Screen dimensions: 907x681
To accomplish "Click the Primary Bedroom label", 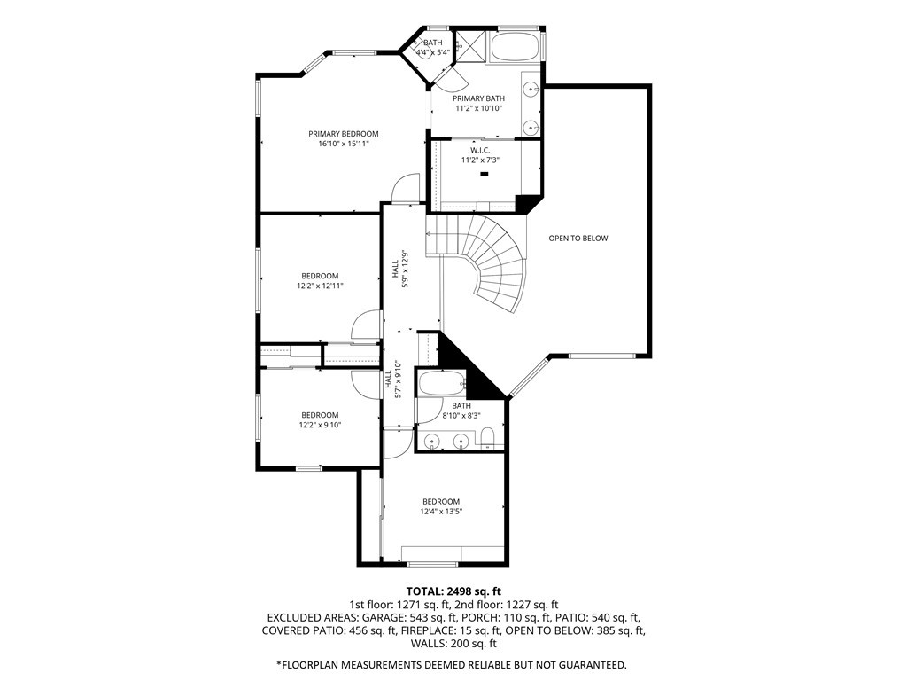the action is [x=343, y=134].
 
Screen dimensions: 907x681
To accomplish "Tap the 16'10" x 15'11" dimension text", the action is [x=343, y=144].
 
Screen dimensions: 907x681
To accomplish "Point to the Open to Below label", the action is [x=578, y=238].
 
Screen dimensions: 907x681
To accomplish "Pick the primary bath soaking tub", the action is [x=515, y=45].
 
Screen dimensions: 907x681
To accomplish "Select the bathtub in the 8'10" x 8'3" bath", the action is [x=441, y=383].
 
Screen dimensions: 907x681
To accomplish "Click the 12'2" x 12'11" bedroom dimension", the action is [x=320, y=286].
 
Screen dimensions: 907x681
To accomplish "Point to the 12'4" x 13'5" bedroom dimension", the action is [x=441, y=512].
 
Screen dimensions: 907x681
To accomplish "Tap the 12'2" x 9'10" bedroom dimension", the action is [x=320, y=425].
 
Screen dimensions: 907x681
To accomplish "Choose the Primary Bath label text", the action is [x=478, y=98].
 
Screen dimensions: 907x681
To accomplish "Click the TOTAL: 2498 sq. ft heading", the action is [x=453, y=591].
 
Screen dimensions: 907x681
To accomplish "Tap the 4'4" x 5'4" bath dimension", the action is [x=433, y=52].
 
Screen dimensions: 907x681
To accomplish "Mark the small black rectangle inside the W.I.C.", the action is [x=485, y=174].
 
